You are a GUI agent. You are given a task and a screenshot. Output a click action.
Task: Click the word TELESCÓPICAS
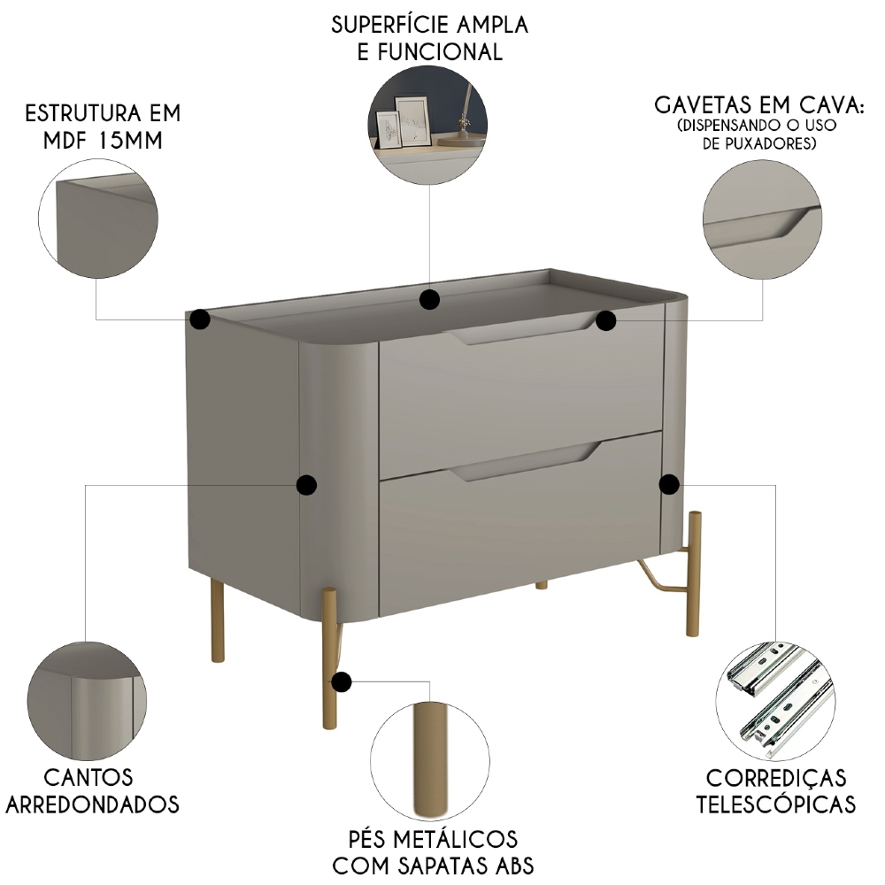pyautogui.click(x=776, y=804)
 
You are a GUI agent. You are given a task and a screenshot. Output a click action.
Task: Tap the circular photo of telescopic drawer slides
pyautogui.click(x=775, y=699)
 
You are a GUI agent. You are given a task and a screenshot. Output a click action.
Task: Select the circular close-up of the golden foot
pyautogui.click(x=430, y=762)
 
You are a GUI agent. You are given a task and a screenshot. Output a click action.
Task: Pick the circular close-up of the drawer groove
pyautogui.click(x=763, y=218)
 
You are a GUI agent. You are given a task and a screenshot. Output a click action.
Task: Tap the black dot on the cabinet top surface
pyautogui.click(x=430, y=300)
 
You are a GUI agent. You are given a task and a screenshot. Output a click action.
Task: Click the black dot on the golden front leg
pyautogui.click(x=342, y=682)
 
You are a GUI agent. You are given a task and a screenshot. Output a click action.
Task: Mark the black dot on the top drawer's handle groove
pyautogui.click(x=605, y=320)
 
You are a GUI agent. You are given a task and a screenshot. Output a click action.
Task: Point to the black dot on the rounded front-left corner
pyautogui.click(x=306, y=484)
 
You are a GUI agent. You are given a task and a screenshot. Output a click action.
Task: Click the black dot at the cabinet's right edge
pyautogui.click(x=669, y=484)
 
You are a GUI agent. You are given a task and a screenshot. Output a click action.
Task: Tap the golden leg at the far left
pyautogui.click(x=217, y=619)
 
